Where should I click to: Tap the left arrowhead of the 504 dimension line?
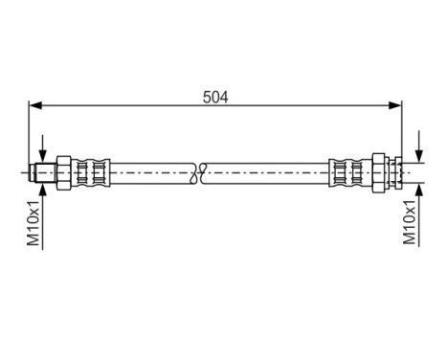pos(35,105)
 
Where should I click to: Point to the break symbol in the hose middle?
pos(198,172)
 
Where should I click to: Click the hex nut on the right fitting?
pos(380,172)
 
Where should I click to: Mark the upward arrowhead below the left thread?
pos(44,186)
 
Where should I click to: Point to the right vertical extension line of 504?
pos(401,129)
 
